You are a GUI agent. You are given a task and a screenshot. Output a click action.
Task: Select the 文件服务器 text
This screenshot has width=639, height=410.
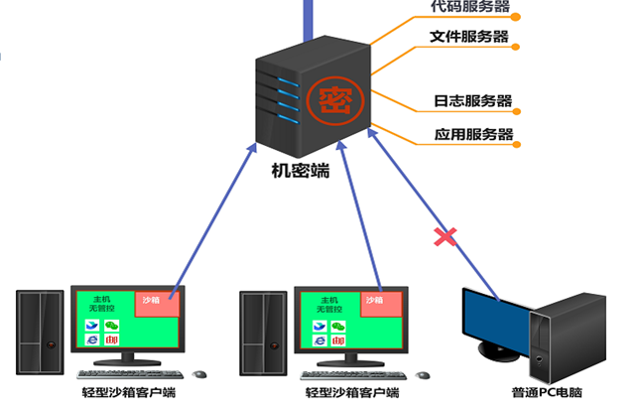pos(469,38)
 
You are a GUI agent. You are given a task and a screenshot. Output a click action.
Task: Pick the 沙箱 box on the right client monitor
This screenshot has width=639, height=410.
pos(374,300)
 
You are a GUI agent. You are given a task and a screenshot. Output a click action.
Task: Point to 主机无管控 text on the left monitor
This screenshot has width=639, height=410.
pos(101,303)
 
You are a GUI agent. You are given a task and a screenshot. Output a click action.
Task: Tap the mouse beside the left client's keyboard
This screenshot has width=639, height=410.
pos(200,374)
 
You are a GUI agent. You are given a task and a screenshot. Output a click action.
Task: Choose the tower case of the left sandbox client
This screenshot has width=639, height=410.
pos(43,333)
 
